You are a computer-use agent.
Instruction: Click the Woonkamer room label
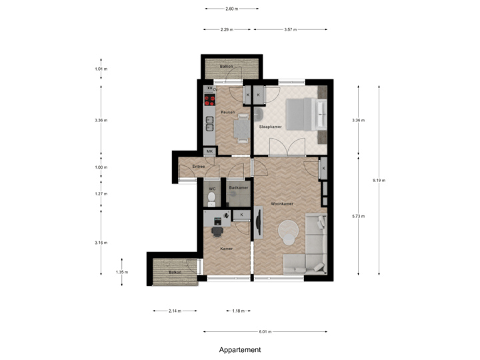[x=282, y=203]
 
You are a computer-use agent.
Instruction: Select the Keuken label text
[x=228, y=113]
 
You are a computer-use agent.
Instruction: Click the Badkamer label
[x=238, y=188]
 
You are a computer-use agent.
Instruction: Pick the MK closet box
[x=209, y=152]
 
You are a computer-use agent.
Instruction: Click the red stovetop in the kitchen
[x=209, y=101]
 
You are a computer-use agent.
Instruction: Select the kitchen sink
[x=209, y=123]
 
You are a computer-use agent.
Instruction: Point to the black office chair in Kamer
[x=217, y=231]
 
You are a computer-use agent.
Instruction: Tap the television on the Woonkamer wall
[x=258, y=221]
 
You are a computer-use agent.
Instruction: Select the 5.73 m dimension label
[x=359, y=216]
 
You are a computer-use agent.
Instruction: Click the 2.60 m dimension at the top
[x=231, y=9]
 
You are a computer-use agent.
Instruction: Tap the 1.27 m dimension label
[x=101, y=194]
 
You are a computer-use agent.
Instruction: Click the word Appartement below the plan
[x=240, y=350]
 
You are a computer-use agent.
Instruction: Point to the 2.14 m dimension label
[x=174, y=311]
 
